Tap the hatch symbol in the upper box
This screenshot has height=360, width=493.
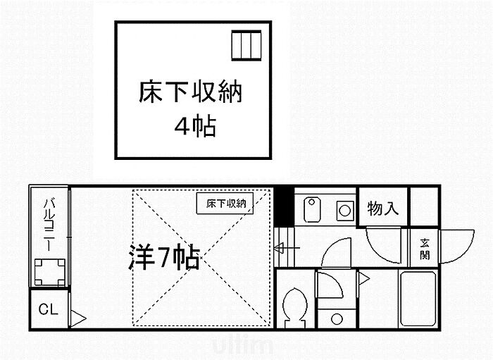click(x=246, y=47)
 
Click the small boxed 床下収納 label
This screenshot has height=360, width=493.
click(x=225, y=204)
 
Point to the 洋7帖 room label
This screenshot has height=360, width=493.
click(x=164, y=259)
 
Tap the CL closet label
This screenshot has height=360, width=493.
click(x=48, y=309)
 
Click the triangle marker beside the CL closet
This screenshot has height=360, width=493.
click(x=78, y=318)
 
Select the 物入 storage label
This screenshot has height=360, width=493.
click(x=383, y=209)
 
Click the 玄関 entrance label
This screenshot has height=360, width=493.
click(x=425, y=247)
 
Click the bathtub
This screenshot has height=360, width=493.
click(x=420, y=299)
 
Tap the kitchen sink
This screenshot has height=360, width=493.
click(x=313, y=209)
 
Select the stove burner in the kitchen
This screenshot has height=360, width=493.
click(x=344, y=209)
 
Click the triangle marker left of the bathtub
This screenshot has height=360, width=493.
click(x=364, y=280)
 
